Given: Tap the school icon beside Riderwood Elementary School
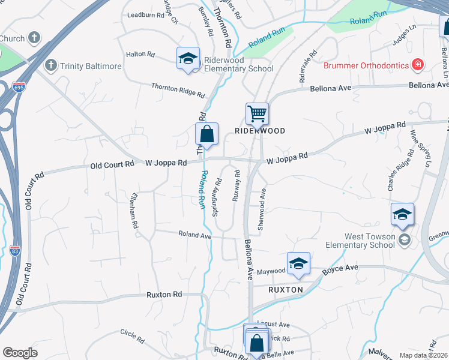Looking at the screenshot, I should pyautogui.click(x=188, y=59).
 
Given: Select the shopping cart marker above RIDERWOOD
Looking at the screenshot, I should pyautogui.click(x=257, y=113).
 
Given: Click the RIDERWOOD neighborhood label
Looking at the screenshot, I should pyautogui.click(x=259, y=130).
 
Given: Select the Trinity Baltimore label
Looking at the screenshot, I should pyautogui.click(x=90, y=65).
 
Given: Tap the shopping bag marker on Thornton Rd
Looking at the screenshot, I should pyautogui.click(x=206, y=134).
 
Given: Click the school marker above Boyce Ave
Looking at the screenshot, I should pyautogui.click(x=298, y=263).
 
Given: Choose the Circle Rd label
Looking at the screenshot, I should pyautogui.click(x=132, y=336).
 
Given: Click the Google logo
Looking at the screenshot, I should pyautogui.click(x=20, y=353).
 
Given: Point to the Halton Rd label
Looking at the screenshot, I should pyautogui.click(x=140, y=55).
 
